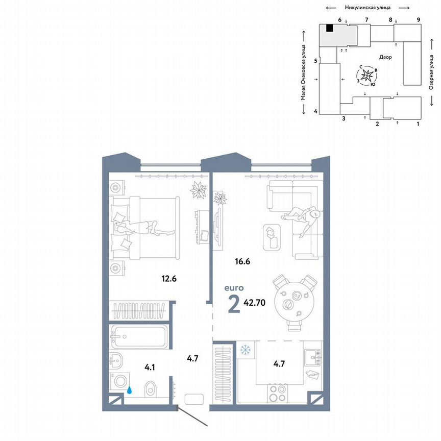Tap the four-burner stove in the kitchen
point(277,395)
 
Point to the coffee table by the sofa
point(272,237)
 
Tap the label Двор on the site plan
point(386,57)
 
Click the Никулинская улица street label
point(368,8)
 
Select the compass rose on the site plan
point(367,76)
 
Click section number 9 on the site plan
point(418,19)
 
